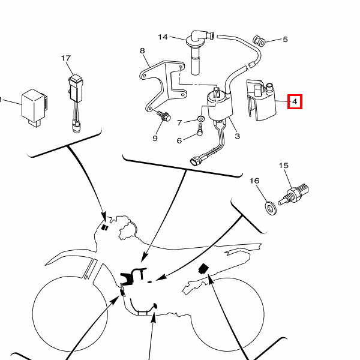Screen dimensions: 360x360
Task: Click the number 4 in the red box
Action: click(x=295, y=102)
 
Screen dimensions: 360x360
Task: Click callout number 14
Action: click(x=163, y=37)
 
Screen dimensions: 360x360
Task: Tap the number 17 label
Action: click(x=66, y=58)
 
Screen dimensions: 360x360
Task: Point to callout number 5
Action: click(x=285, y=40)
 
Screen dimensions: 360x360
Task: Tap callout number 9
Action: click(x=155, y=139)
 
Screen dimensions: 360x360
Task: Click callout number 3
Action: click(x=237, y=137)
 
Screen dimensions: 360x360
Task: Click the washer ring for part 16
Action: click(x=271, y=208)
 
